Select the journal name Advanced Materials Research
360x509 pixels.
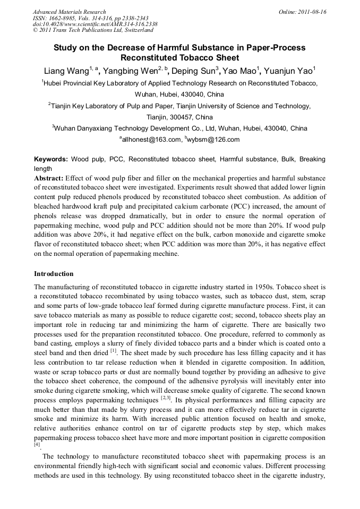pyautogui.click(x=69, y=12)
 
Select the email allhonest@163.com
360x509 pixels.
pyautogui.click(x=151, y=140)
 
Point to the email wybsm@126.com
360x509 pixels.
pyautogui.click(x=213, y=140)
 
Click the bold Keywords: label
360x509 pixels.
pyautogui.click(x=51, y=159)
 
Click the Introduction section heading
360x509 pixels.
pyautogui.click(x=54, y=274)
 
